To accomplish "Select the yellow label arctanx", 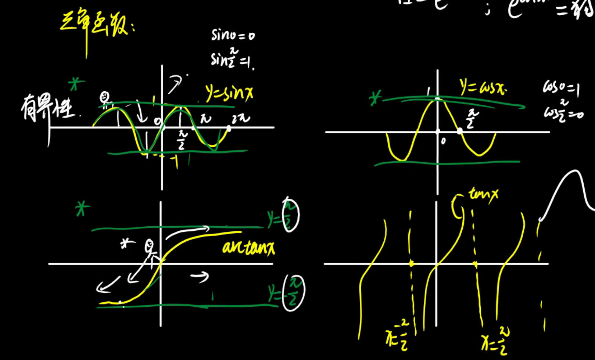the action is tap(248, 247).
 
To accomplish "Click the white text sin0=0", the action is tap(233, 35).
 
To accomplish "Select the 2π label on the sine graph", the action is tap(241, 118).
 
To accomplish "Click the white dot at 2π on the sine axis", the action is tap(229, 128).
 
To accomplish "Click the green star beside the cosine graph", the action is tap(375, 98).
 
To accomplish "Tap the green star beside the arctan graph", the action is tap(82, 209).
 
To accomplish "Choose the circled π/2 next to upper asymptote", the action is tap(291, 215).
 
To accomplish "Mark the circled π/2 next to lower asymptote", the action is tap(294, 293).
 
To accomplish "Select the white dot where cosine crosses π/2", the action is tap(460, 131).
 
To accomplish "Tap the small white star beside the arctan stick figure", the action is tap(127, 243).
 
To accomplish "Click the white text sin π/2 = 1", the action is tap(232, 59).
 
